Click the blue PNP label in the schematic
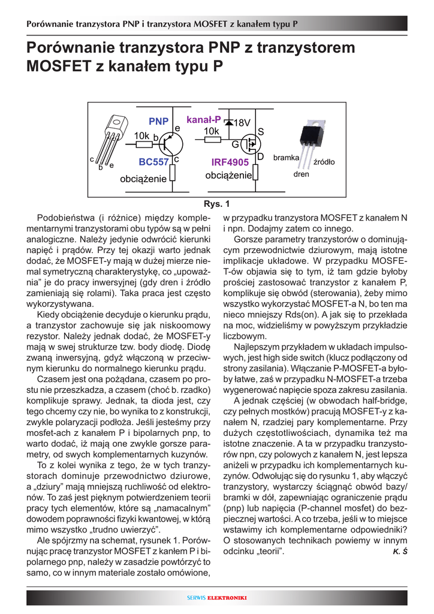(x=158, y=122)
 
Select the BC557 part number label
(x=153, y=162)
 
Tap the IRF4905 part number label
(x=230, y=162)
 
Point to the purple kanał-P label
(x=204, y=120)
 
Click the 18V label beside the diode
(x=242, y=123)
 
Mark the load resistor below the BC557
(x=172, y=174)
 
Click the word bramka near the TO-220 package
(x=286, y=158)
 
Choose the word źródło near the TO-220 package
(x=324, y=162)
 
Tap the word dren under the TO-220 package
(x=301, y=175)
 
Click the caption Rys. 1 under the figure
(x=216, y=203)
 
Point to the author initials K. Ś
(x=400, y=551)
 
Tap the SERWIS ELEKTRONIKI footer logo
(x=217, y=598)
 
